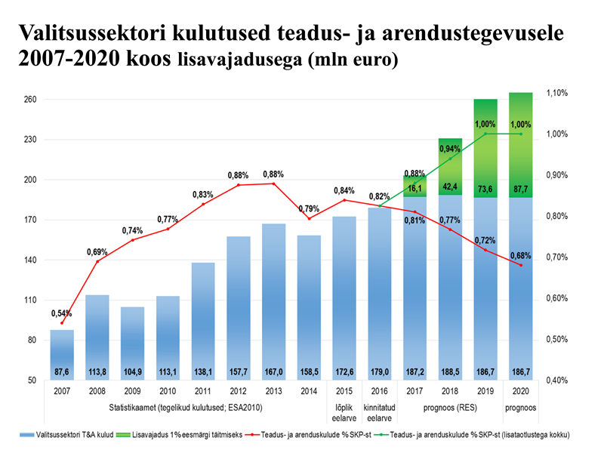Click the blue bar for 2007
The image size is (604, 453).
(x=62, y=355)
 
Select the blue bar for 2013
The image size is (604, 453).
(x=273, y=302)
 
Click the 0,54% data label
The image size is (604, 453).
(x=62, y=313)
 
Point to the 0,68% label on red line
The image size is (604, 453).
(x=520, y=254)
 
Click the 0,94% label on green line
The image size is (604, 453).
(x=450, y=149)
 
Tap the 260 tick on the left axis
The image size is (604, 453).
(x=31, y=100)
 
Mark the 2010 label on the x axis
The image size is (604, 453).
(x=168, y=391)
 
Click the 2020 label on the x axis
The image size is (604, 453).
(x=520, y=391)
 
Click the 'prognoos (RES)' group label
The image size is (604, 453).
(x=450, y=408)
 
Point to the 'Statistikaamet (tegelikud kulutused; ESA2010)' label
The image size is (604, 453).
(x=184, y=408)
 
